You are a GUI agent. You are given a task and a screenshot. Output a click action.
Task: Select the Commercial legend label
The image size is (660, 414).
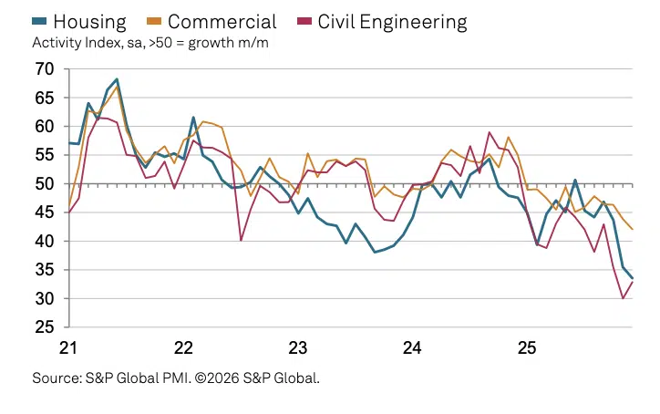[x=222, y=21]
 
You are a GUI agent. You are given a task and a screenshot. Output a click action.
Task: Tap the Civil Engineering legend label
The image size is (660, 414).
[x=392, y=21]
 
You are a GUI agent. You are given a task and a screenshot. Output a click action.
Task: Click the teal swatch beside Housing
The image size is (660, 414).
[x=41, y=21]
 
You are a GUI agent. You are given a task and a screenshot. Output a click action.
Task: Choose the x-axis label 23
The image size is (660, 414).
[x=297, y=347]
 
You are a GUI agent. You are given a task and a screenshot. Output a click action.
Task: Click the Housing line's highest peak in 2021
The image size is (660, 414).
[x=117, y=79]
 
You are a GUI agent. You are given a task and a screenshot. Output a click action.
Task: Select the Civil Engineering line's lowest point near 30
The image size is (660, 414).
[x=624, y=298]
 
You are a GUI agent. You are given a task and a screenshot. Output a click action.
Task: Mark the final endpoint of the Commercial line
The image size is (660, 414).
[x=633, y=229]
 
